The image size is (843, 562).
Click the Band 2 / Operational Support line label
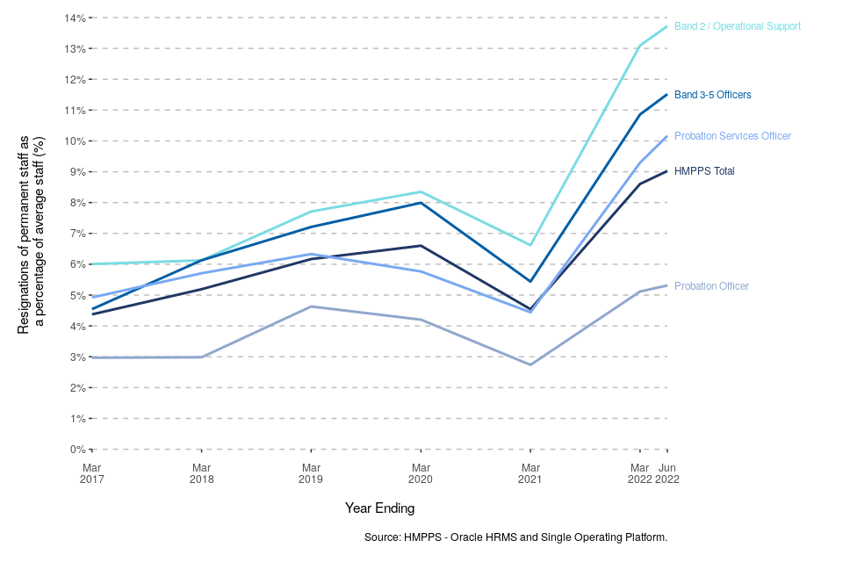click(x=737, y=26)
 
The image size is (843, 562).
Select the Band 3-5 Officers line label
click(x=712, y=95)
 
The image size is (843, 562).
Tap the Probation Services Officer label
click(x=732, y=136)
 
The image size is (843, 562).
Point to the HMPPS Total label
click(x=704, y=171)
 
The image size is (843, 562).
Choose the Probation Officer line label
click(x=711, y=286)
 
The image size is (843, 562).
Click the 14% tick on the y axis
click(x=76, y=18)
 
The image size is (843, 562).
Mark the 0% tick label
click(x=77, y=450)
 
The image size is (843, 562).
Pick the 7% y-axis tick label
click(x=77, y=234)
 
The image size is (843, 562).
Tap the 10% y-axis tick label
click(x=76, y=141)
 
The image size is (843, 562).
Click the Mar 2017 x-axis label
click(x=92, y=473)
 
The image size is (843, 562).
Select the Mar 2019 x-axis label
click(x=311, y=473)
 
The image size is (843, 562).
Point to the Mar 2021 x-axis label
click(x=530, y=473)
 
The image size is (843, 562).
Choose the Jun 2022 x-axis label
click(x=667, y=473)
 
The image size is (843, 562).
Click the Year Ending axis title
click(x=379, y=508)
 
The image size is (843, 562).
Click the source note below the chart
click(x=515, y=537)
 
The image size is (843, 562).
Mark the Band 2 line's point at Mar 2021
click(x=530, y=245)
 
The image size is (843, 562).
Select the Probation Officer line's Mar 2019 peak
click(x=311, y=306)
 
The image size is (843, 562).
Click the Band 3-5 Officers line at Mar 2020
click(x=421, y=203)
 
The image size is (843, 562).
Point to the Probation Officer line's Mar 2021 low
click(x=530, y=364)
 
